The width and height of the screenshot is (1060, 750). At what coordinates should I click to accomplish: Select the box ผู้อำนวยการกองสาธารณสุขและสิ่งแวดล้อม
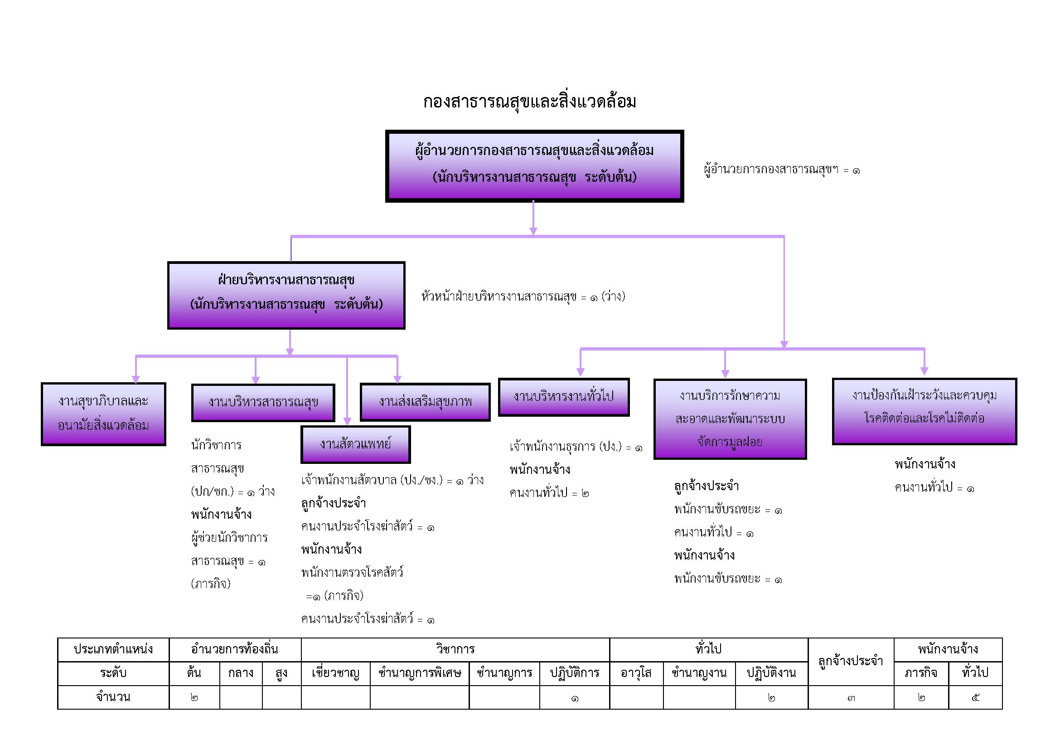point(534,166)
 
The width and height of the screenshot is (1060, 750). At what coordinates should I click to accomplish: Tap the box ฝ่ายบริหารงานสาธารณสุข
point(286,295)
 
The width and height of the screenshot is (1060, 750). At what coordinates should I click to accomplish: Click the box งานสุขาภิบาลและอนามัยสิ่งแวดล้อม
point(103,414)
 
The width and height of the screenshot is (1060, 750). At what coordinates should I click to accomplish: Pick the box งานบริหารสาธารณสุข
point(263,402)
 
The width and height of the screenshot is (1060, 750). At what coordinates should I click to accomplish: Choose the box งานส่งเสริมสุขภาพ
point(425,402)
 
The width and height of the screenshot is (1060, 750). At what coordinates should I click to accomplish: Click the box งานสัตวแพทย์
point(355,444)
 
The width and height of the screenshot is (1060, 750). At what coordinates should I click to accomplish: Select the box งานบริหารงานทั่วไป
point(564,397)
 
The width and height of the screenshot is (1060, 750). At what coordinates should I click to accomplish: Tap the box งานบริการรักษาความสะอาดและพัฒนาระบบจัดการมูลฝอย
point(730,419)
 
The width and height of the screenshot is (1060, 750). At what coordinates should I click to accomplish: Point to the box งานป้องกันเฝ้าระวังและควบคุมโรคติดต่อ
point(924,411)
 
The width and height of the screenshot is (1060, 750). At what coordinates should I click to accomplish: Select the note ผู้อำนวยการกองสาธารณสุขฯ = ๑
point(782,170)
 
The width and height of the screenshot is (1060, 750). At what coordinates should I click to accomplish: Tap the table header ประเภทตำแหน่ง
point(113,650)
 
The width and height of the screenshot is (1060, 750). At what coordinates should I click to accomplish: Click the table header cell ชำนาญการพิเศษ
point(419,673)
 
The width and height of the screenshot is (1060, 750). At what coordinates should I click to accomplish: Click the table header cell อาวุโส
point(636,673)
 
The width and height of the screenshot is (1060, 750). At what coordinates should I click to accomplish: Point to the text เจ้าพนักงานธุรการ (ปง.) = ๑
point(576,447)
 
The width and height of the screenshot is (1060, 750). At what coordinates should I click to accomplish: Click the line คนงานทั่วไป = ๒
point(549,493)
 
